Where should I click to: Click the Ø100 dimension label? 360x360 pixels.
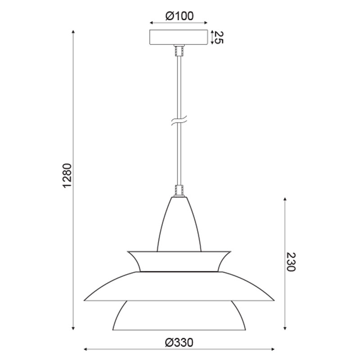[x=179, y=16]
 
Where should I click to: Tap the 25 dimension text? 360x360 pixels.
[x=219, y=37]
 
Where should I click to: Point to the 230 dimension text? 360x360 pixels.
[x=291, y=262]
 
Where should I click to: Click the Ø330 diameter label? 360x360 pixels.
[x=179, y=342]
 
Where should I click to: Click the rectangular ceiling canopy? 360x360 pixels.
[x=179, y=37]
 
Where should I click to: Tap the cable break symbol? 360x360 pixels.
[x=179, y=121]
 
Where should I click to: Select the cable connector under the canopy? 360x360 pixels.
[x=179, y=50]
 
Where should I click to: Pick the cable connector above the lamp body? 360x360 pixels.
[x=179, y=190]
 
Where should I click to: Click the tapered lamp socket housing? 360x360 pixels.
[x=179, y=224]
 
